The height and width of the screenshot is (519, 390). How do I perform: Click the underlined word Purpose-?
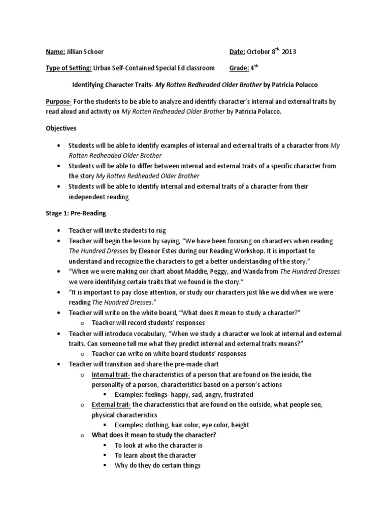coord(59,102)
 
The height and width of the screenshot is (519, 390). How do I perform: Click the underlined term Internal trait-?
coord(111,375)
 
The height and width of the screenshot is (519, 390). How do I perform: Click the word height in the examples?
coord(238,425)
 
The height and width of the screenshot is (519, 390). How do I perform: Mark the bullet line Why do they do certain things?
coord(157,465)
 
